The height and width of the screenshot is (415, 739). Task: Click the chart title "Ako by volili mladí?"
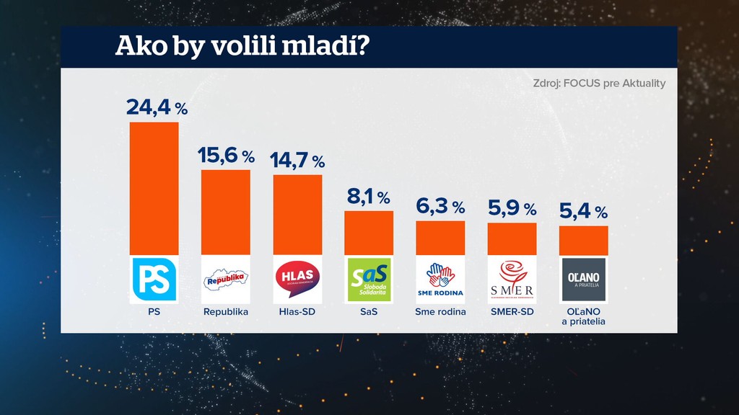point(242,47)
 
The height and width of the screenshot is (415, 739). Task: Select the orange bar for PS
point(154,189)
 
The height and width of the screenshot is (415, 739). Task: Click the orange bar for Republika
point(225,212)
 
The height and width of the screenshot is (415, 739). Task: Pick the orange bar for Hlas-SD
point(297,215)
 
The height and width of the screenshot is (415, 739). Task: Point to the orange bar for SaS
point(369,233)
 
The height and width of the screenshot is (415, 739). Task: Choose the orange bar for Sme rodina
point(440,238)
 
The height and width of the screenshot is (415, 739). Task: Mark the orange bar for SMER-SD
point(512,238)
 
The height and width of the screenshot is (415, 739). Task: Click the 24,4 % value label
point(157,108)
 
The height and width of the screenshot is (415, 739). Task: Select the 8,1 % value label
point(367,197)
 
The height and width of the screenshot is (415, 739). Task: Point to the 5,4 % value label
point(583,212)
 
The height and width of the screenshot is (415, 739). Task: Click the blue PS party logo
point(154,279)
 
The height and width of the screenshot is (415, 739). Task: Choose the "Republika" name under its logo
point(225,312)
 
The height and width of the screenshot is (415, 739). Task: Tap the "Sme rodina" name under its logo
point(440,312)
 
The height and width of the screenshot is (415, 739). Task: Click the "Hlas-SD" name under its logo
point(297,312)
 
